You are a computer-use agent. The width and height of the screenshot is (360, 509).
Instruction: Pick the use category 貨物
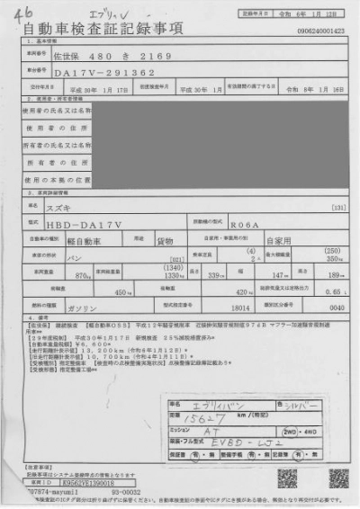click(x=164, y=240)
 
